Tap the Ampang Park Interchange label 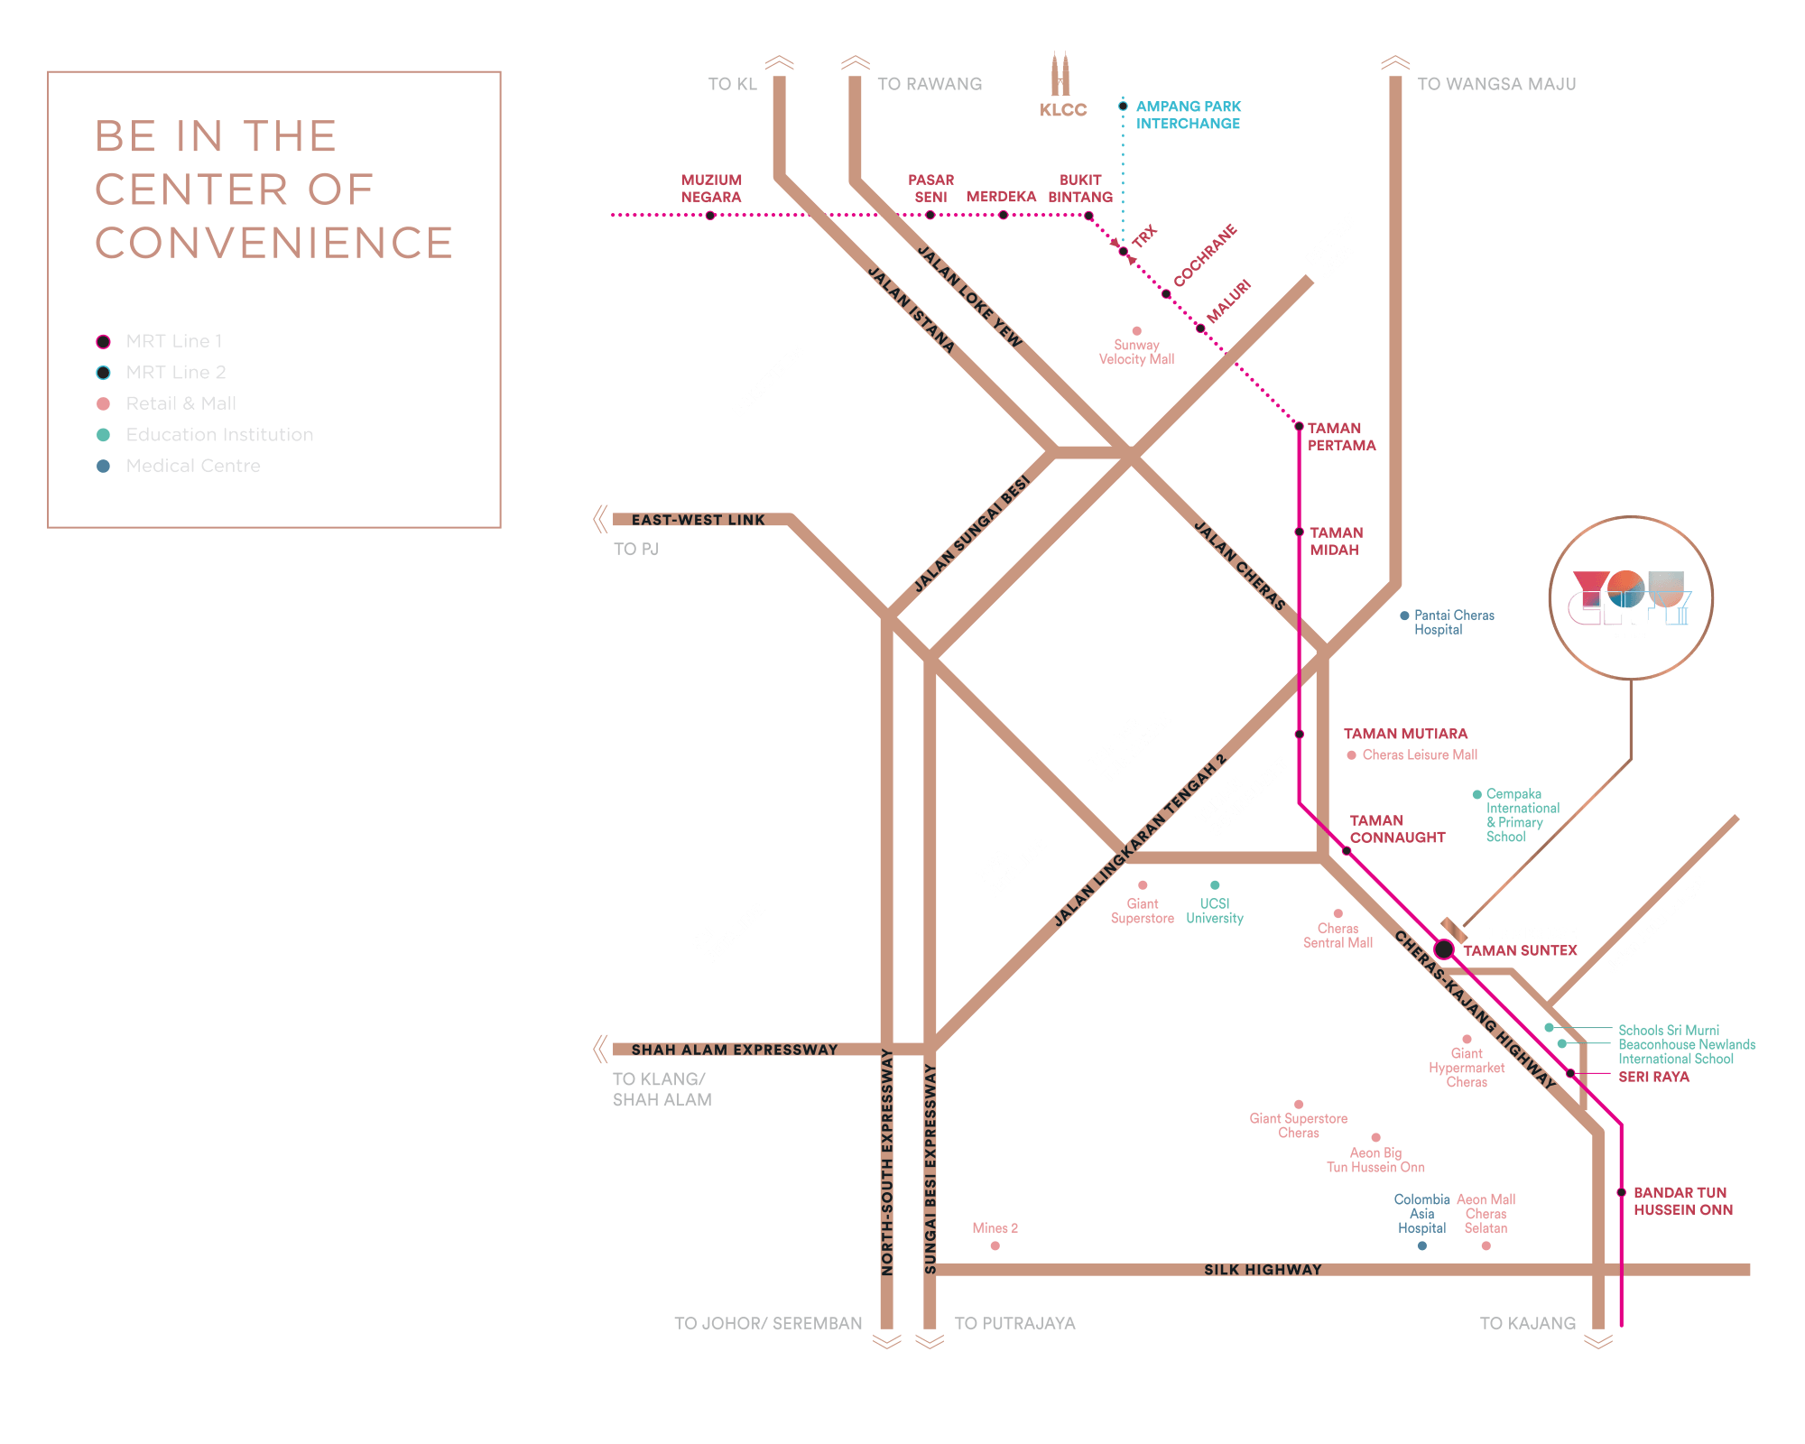pos(1188,115)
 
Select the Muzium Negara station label pos(711,189)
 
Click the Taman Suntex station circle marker pos(1444,949)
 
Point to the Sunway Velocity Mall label pos(1136,352)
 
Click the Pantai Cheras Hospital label pos(1453,623)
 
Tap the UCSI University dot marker pos(1215,885)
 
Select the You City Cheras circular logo pos(1631,598)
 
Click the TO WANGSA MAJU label pos(1496,84)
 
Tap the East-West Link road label pos(698,520)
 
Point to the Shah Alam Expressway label pos(734,1050)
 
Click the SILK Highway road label pos(1263,1270)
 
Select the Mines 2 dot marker pos(995,1246)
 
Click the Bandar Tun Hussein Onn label pos(1682,1201)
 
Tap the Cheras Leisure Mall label pos(1419,754)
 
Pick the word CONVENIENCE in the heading pos(273,243)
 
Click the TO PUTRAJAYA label pos(1014,1323)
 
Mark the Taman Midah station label pos(1336,541)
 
